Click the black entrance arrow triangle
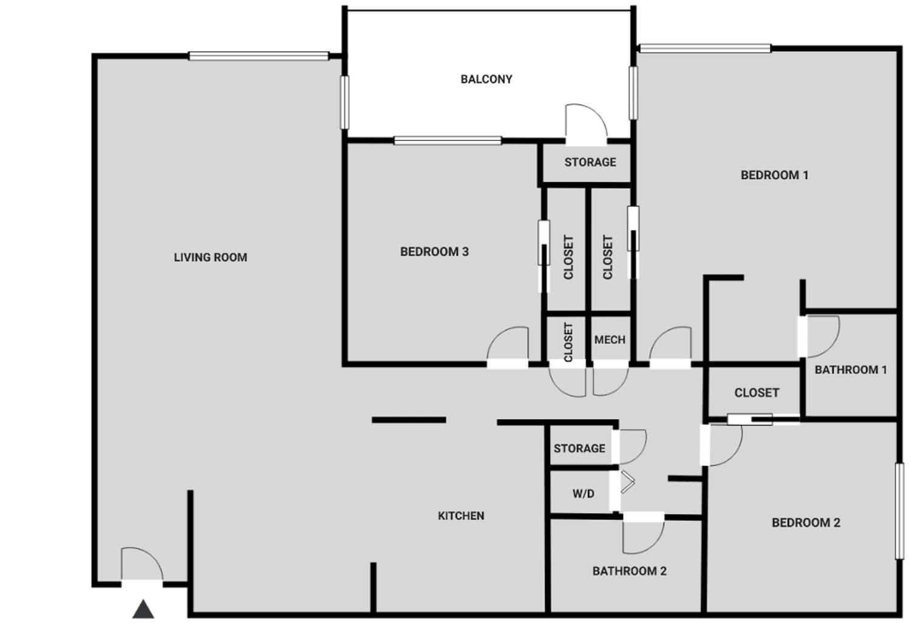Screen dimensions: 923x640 pos(143,610)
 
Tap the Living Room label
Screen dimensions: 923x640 pos(211,258)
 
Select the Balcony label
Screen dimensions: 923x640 pos(486,79)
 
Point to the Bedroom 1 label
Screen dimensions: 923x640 pos(775,175)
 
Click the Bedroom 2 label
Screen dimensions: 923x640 pos(806,523)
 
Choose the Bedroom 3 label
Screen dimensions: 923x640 pos(435,252)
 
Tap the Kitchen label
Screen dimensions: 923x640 pos(461,516)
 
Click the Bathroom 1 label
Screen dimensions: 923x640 pos(851,370)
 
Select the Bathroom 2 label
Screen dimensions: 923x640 pos(630,571)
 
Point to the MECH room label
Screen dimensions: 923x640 pos(610,340)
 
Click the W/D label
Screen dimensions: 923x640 pos(584,494)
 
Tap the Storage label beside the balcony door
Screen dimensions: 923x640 pos(590,162)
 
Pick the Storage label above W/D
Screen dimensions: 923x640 pos(579,449)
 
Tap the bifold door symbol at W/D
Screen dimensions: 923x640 pos(627,481)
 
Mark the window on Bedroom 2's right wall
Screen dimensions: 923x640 pos(900,511)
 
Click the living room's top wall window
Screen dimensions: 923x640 pos(259,56)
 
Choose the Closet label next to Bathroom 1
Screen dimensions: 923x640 pos(757,393)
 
